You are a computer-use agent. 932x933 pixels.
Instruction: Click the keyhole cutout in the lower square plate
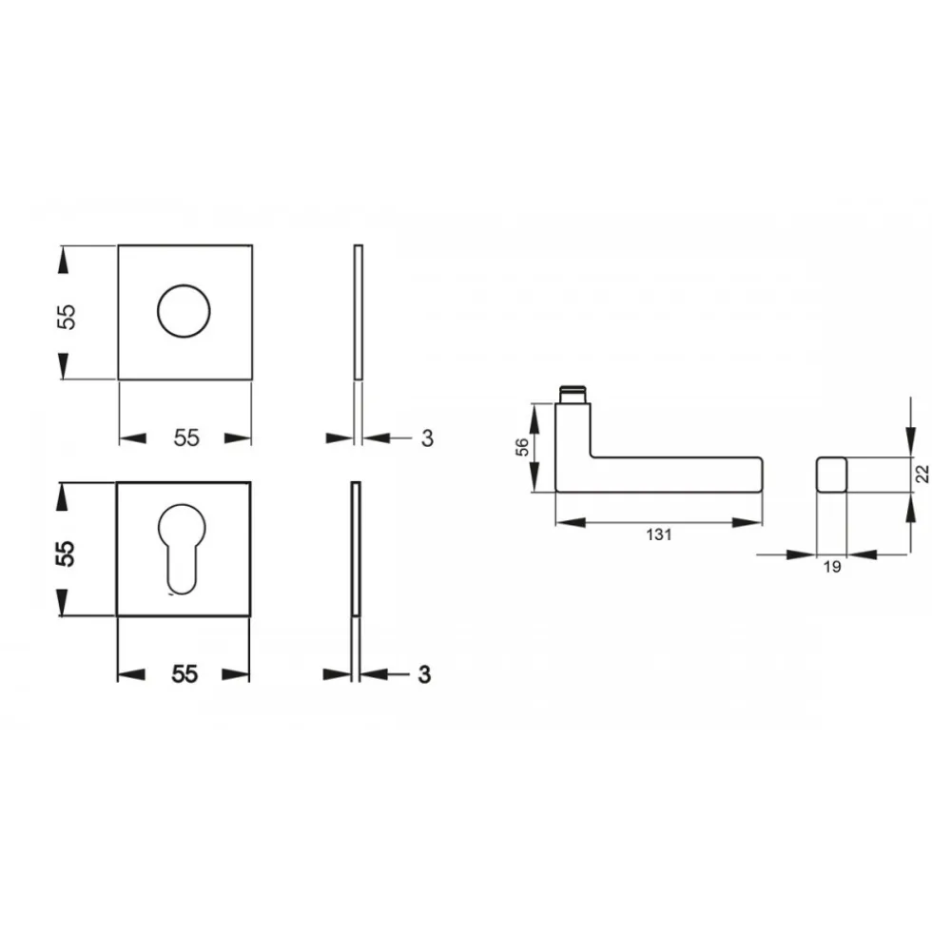click(x=182, y=549)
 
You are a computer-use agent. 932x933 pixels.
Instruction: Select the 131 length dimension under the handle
click(x=659, y=535)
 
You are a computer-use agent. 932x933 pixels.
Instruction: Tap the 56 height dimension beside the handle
click(x=522, y=446)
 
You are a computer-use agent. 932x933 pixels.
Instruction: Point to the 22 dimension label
click(x=922, y=475)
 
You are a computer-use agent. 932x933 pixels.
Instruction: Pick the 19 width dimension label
click(x=832, y=567)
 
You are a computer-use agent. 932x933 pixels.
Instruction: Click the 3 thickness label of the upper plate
click(x=427, y=438)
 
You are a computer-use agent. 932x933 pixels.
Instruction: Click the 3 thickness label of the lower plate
click(x=424, y=674)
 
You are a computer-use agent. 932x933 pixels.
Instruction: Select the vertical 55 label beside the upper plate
click(x=67, y=317)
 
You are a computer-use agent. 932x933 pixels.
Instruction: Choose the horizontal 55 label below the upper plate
click(x=186, y=437)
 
